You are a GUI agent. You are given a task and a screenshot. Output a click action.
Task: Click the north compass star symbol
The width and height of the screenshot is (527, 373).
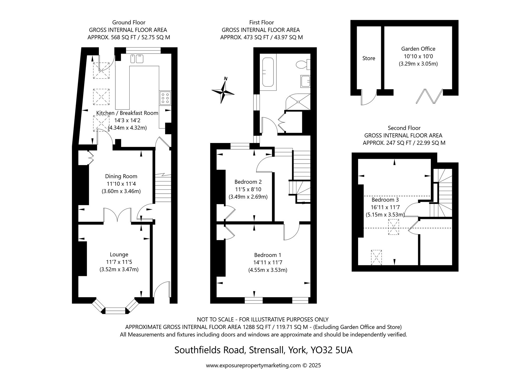coord(223,92)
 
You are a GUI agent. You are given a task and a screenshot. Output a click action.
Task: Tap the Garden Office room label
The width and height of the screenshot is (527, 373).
coord(418,49)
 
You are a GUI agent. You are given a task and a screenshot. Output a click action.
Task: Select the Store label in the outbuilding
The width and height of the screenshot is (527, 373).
coord(369,58)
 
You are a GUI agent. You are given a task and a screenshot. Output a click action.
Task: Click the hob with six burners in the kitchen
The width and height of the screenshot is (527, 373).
coord(165,98)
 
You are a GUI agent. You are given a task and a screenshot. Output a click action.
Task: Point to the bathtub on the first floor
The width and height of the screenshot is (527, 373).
coord(268,72)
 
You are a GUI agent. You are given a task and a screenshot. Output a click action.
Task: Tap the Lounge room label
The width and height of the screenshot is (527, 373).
coord(119,255)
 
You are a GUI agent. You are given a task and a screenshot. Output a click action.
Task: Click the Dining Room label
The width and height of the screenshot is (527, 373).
coord(121,176)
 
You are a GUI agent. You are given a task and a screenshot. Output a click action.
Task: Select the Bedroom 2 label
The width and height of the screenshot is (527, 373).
coord(248,182)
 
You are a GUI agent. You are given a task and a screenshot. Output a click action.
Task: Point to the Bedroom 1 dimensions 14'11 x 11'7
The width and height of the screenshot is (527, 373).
coord(268,262)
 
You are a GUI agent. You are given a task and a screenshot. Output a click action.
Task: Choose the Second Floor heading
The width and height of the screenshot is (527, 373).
coord(404,128)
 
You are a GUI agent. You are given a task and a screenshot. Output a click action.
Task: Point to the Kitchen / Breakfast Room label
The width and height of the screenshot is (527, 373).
coord(127,113)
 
